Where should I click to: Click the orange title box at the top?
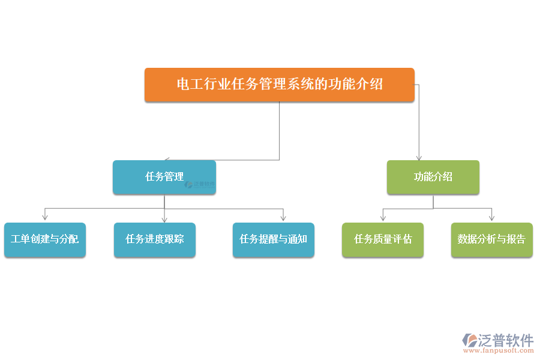pyautogui.click(x=279, y=85)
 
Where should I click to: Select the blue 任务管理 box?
pyautogui.click(x=164, y=178)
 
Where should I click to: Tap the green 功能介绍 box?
pyautogui.click(x=433, y=178)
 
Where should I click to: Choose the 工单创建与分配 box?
pyautogui.click(x=45, y=240)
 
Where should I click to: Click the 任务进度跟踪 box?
pyautogui.click(x=155, y=240)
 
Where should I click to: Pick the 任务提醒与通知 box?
pyautogui.click(x=274, y=240)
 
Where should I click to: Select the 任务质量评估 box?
pyautogui.click(x=383, y=240)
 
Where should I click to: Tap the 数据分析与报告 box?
pyautogui.click(x=492, y=240)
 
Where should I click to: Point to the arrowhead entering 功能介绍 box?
pyautogui.click(x=419, y=158)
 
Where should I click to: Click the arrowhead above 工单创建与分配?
pyautogui.click(x=45, y=217)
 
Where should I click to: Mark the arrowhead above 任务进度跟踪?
pyautogui.click(x=164, y=220)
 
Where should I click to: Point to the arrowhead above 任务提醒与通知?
pyautogui.click(x=283, y=218)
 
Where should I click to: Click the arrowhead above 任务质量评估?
pyautogui.click(x=383, y=218)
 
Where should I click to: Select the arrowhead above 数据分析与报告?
pyautogui.click(x=492, y=218)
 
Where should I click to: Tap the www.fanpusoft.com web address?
pyautogui.click(x=499, y=350)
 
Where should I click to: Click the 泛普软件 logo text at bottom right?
pyautogui.click(x=506, y=340)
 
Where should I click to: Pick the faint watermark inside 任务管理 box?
pyautogui.click(x=199, y=185)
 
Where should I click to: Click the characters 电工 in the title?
pyautogui.click(x=190, y=84)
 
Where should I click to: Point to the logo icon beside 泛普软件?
pyautogui.click(x=470, y=340)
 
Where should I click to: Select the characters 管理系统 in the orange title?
pyautogui.click(x=286, y=84)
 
